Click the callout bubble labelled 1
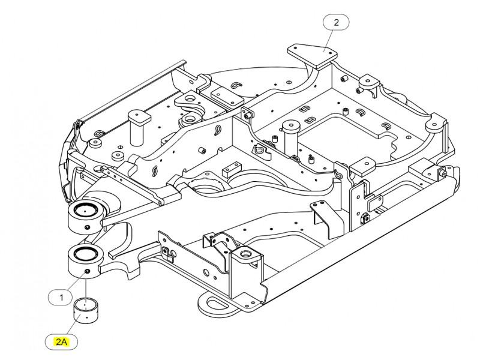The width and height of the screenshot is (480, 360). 61,297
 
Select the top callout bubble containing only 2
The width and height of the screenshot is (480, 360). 336,22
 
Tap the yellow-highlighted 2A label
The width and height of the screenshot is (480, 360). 61,341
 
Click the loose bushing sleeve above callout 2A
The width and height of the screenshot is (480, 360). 86,310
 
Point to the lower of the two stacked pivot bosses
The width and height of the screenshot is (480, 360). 84,260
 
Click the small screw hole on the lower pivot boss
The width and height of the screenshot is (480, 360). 87,271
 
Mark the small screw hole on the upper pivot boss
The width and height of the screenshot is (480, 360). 87,227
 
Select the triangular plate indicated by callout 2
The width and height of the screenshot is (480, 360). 312,55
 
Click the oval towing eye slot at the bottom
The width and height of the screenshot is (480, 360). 218,304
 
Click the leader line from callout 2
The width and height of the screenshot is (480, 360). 330,41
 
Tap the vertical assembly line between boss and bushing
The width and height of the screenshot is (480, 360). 86,287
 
